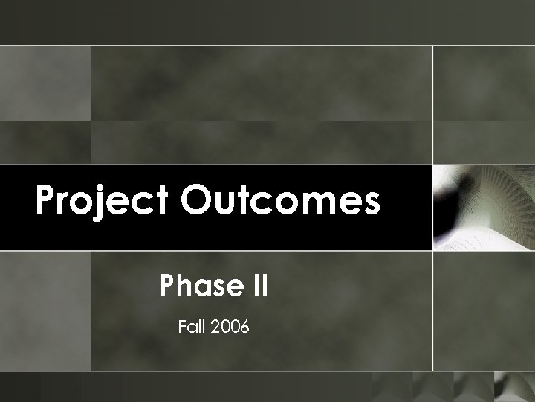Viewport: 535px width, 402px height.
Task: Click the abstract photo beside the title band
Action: click(x=483, y=207)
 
